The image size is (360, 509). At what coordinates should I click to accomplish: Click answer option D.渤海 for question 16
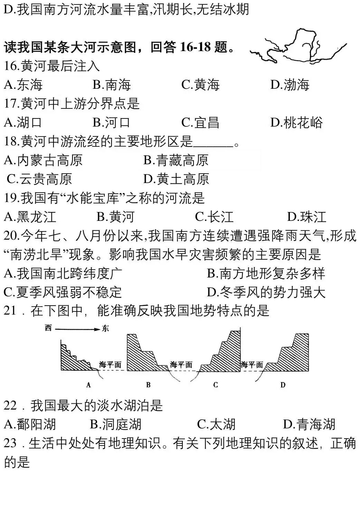290,85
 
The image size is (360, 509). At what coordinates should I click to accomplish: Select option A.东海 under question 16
23,85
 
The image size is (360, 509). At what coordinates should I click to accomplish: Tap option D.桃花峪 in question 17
296,122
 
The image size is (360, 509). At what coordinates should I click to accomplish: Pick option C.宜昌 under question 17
200,122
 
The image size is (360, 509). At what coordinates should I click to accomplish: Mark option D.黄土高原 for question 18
176,179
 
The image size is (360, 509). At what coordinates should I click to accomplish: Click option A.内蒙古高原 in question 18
43,160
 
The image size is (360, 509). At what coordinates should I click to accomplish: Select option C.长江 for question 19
214,217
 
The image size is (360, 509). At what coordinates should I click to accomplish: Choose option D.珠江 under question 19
306,217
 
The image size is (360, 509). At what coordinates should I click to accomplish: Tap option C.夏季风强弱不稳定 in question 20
63,292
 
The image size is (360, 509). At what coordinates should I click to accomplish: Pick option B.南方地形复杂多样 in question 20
266,273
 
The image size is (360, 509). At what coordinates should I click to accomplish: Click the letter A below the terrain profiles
88,385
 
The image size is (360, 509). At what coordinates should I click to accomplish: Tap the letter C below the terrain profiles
215,385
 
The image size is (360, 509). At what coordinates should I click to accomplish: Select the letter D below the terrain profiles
283,385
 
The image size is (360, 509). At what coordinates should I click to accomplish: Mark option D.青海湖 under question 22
309,424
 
